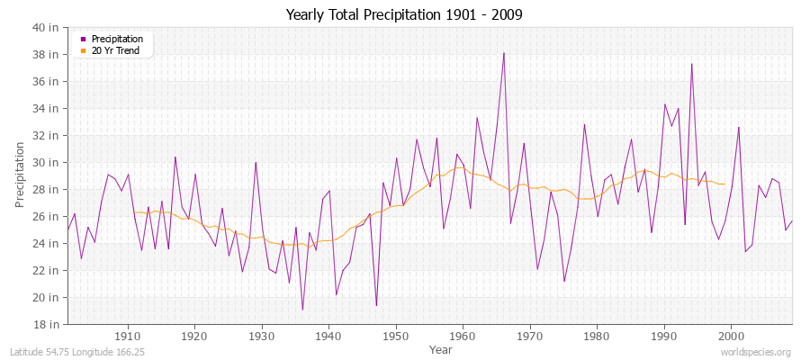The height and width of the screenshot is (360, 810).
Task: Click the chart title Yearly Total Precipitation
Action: click(x=404, y=15)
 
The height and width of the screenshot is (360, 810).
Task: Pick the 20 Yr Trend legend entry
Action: click(x=115, y=51)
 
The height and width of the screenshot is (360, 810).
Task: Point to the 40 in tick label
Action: click(x=47, y=27)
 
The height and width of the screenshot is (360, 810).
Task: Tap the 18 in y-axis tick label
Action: click(x=47, y=324)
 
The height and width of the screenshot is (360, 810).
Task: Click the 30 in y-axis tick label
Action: click(x=47, y=162)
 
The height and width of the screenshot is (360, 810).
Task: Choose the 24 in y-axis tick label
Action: click(x=47, y=243)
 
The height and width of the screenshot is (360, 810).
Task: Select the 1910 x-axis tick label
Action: click(x=127, y=337)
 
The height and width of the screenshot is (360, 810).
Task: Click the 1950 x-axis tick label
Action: click(x=395, y=337)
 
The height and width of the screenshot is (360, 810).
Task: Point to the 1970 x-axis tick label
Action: click(x=529, y=337)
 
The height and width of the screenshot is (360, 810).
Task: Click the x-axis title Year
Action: click(x=441, y=349)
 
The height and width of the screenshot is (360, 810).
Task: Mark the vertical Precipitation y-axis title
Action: click(x=20, y=175)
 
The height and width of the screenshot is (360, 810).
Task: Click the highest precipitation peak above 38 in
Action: click(x=504, y=52)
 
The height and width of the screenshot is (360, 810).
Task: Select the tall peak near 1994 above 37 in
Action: click(x=691, y=63)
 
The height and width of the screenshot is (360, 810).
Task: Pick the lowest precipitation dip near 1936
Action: click(x=302, y=310)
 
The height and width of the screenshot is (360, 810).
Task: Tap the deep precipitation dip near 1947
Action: click(x=376, y=305)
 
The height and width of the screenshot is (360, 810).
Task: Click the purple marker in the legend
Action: click(x=83, y=40)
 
